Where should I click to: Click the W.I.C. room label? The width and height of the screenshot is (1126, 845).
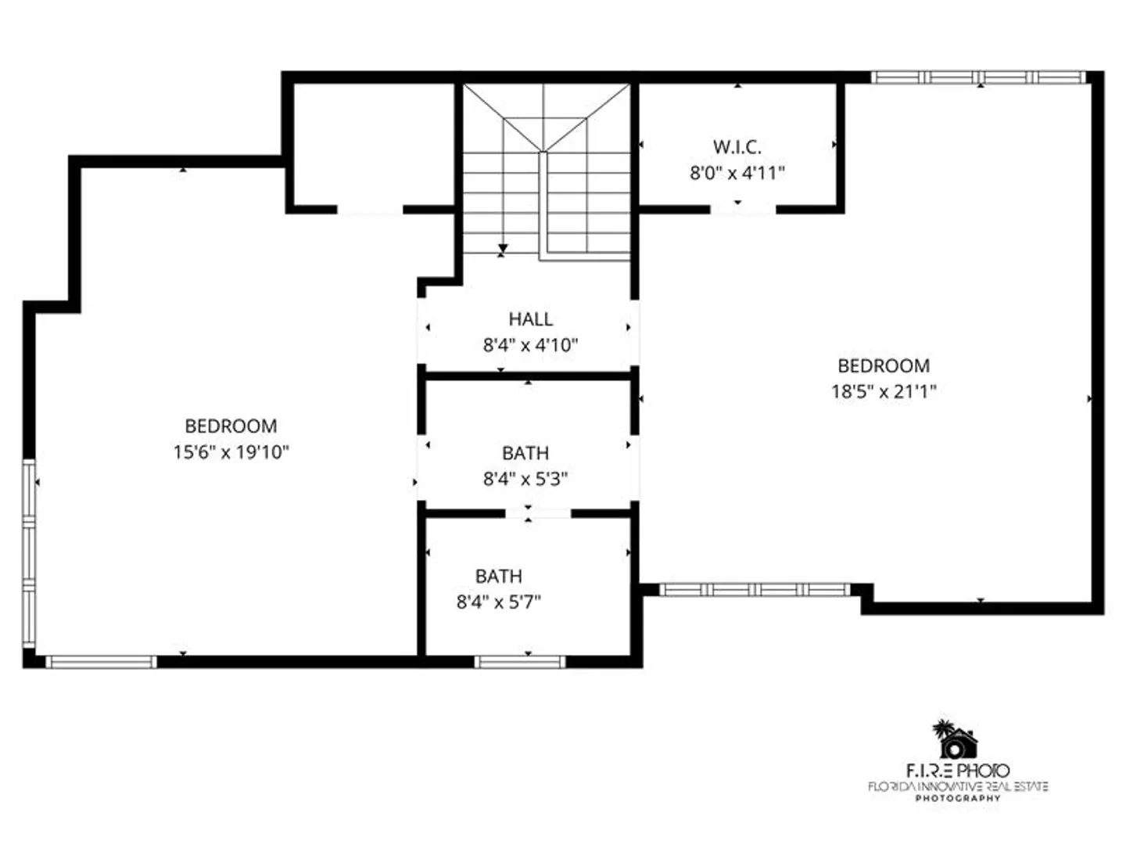(737, 147)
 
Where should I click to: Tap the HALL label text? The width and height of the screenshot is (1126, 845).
(530, 319)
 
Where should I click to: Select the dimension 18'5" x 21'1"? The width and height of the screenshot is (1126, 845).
(884, 391)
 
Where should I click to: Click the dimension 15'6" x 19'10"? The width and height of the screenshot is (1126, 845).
(231, 452)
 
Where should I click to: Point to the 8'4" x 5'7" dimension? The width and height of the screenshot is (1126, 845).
(499, 602)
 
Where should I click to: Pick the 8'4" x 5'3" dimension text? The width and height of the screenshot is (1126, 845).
(525, 479)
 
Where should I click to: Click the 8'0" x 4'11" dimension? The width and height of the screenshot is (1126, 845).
(737, 173)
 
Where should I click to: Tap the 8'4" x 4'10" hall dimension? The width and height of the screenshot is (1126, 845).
(530, 345)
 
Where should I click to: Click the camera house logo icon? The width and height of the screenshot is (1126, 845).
(955, 739)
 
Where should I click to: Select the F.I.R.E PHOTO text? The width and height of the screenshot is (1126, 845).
(958, 771)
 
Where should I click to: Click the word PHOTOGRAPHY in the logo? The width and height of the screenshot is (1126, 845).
(958, 798)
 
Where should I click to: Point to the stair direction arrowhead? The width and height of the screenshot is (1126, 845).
(503, 248)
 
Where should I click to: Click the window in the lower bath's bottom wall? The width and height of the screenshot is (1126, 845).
(520, 662)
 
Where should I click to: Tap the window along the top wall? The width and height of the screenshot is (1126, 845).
(977, 77)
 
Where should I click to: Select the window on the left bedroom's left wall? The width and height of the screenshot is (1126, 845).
(29, 553)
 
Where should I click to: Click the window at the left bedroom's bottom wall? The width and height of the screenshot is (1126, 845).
(101, 662)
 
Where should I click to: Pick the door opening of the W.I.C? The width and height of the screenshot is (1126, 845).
(743, 210)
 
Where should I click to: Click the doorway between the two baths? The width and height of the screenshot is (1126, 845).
(538, 513)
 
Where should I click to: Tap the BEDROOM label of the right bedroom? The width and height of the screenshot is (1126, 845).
(884, 366)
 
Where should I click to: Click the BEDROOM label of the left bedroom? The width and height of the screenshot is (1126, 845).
(231, 426)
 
